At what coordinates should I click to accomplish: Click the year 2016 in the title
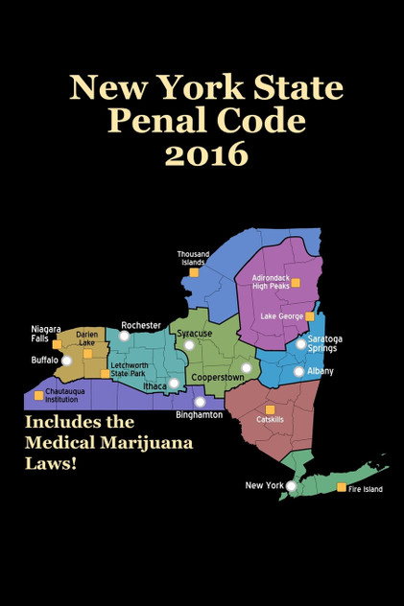click(x=205, y=152)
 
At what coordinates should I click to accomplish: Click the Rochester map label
click(x=140, y=326)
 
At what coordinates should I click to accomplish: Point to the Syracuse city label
click(x=195, y=334)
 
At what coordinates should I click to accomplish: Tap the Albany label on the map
click(x=321, y=371)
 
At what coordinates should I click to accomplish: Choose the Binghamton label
click(x=200, y=415)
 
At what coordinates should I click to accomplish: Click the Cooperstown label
click(x=217, y=378)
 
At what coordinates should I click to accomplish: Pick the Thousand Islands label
click(x=193, y=258)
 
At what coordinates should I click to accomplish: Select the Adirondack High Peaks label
click(x=270, y=282)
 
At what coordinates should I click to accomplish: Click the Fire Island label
click(x=366, y=490)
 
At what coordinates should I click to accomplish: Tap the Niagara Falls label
click(x=45, y=334)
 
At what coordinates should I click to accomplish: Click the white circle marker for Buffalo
click(x=66, y=361)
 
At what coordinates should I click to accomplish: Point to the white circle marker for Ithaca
click(x=174, y=384)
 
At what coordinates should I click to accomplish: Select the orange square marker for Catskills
click(x=270, y=409)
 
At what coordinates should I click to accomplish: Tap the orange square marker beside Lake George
click(x=309, y=316)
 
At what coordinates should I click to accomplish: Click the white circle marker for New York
click(x=291, y=486)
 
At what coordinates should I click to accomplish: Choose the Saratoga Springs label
click(x=324, y=343)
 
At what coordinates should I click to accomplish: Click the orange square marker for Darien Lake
click(x=87, y=353)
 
